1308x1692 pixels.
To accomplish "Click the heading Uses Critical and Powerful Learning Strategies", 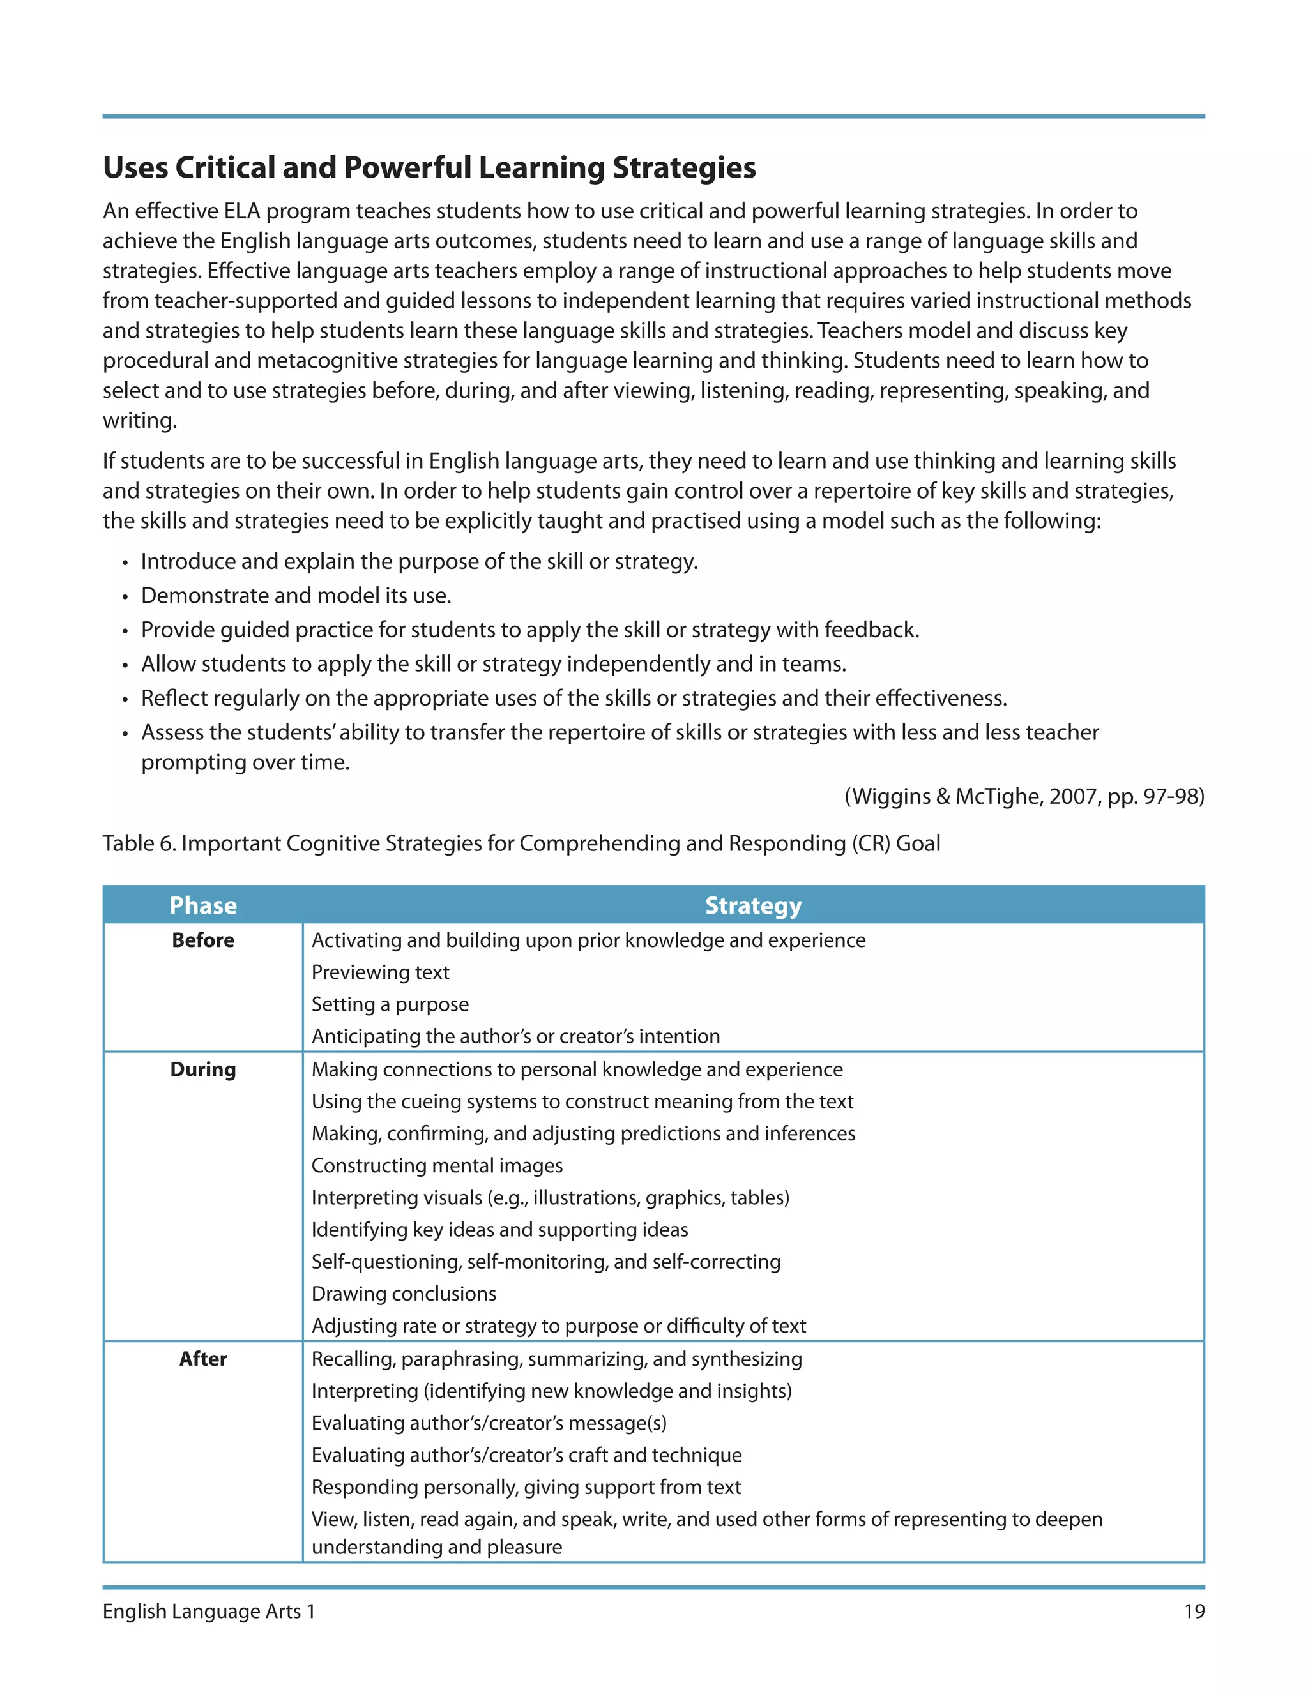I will point(429,168).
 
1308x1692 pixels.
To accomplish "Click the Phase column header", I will point(203,905).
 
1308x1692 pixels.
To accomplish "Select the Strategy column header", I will point(752,905).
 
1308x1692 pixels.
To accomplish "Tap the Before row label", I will point(203,940).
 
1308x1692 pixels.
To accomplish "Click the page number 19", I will point(1193,1611).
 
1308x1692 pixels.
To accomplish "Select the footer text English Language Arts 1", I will point(209,1611).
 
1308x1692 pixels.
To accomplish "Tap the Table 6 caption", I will point(521,843).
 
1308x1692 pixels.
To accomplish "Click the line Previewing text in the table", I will point(380,972).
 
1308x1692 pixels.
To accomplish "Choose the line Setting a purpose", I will point(390,1004).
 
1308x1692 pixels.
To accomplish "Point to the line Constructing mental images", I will point(437,1165).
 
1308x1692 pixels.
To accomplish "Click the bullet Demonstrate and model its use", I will point(296,595).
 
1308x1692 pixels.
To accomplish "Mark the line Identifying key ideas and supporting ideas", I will point(500,1230).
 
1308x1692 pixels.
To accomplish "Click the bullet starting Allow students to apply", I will point(493,664).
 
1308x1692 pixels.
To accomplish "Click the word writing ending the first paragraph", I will point(139,421).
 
